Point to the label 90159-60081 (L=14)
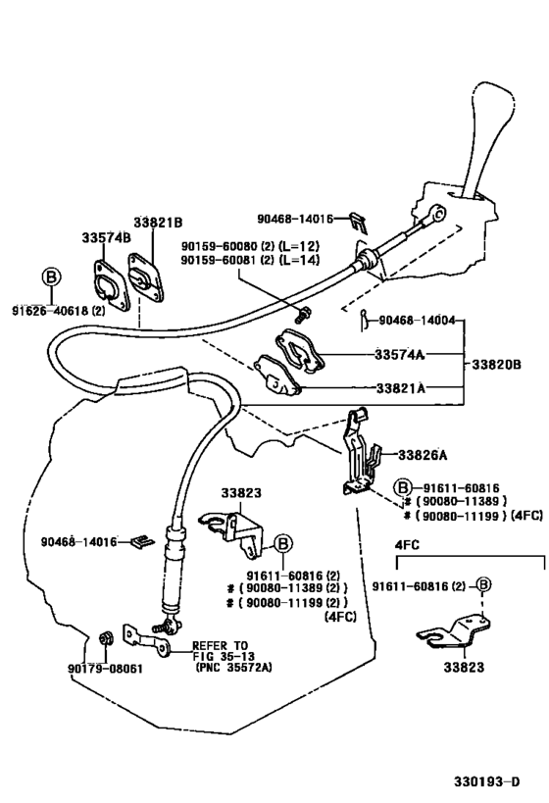pyautogui.click(x=249, y=260)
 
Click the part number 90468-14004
pyautogui.click(x=422, y=320)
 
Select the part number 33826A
pyautogui.click(x=422, y=455)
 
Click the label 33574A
pyautogui.click(x=402, y=356)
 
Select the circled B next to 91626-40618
pyautogui.click(x=51, y=277)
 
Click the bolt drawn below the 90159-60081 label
pyautogui.click(x=304, y=314)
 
